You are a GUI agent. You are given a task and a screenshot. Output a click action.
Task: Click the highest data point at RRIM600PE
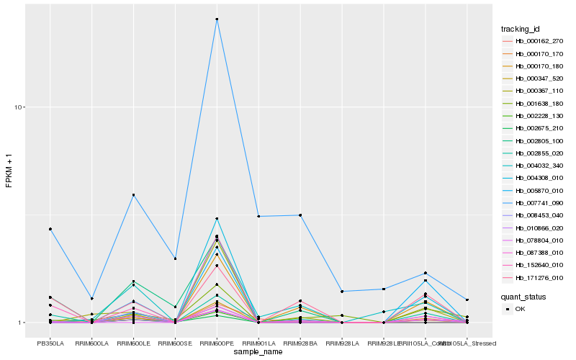click(217, 19)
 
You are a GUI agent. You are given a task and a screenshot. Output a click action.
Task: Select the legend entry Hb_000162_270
click(534, 41)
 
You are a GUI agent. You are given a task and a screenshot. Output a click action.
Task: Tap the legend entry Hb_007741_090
click(534, 203)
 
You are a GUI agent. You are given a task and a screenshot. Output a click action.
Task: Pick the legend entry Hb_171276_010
click(534, 277)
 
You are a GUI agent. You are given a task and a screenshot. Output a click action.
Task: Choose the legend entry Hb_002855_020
click(534, 153)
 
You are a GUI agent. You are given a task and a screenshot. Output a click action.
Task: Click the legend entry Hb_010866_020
click(534, 228)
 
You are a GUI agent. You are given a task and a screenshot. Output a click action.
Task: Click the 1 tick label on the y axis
click(21, 323)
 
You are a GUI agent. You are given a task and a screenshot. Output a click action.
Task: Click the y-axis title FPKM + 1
click(9, 171)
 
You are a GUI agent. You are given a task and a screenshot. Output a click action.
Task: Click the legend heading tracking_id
click(521, 29)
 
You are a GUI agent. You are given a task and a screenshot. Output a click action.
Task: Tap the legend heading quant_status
click(523, 296)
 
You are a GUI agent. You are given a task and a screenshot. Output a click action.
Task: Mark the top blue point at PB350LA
click(50, 229)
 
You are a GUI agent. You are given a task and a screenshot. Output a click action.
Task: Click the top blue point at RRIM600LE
click(133, 195)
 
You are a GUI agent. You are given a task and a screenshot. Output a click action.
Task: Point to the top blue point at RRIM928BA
click(300, 215)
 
